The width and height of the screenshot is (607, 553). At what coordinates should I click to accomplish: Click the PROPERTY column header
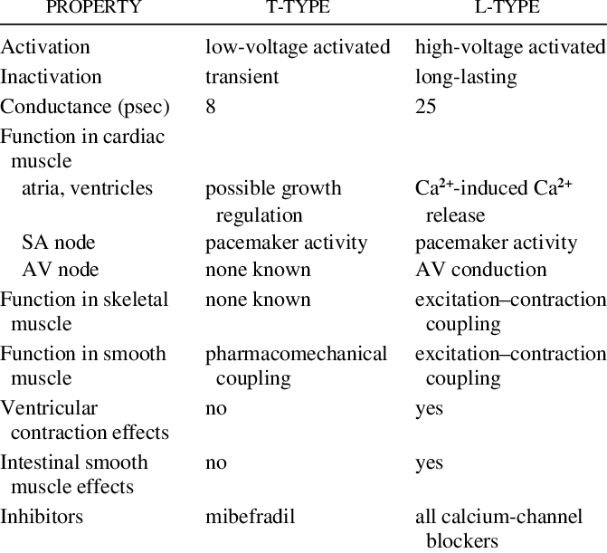94,8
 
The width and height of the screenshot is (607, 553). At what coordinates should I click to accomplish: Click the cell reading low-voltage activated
298,47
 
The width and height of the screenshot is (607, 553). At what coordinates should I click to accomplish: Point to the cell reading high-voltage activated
509,47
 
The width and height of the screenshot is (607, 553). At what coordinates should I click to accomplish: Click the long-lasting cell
466,77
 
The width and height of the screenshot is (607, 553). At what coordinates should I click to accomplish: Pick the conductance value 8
211,107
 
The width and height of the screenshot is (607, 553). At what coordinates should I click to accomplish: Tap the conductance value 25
425,107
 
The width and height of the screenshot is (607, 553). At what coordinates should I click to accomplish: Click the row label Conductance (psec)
85,107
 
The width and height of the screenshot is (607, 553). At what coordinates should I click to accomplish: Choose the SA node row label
58,243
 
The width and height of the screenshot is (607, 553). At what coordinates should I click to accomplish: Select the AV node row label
60,270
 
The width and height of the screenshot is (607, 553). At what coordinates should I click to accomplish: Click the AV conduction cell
480,270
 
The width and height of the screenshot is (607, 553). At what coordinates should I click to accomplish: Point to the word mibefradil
250,517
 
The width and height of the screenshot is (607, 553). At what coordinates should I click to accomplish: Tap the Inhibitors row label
42,517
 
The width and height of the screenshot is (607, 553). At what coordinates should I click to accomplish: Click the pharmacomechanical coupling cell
296,365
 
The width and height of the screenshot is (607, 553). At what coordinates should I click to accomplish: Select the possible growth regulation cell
273,201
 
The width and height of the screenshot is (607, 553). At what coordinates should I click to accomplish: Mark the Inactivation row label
51,77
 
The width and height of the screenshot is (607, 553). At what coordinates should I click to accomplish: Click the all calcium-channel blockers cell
498,529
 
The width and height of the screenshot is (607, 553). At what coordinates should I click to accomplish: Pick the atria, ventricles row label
88,188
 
